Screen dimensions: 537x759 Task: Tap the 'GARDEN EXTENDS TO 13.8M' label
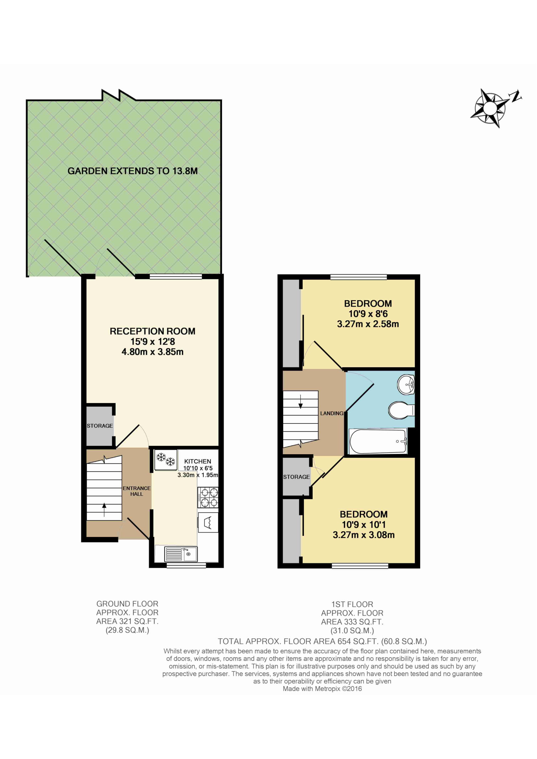tap(132, 171)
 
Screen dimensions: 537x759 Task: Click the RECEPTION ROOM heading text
tap(153, 331)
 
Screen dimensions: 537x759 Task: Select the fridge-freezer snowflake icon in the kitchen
tap(166, 459)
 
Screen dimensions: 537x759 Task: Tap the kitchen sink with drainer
tap(181, 554)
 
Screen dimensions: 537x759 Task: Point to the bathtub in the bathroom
tap(378, 441)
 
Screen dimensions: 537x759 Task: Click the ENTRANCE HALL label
tap(137, 491)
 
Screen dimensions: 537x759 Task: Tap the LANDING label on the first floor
tap(332, 413)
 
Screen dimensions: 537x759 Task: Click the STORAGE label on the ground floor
tap(100, 426)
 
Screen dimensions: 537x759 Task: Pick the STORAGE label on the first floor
tap(297, 477)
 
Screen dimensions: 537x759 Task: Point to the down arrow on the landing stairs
tap(301, 401)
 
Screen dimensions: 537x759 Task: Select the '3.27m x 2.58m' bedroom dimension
tap(368, 324)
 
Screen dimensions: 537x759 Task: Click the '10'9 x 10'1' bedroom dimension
tap(364, 525)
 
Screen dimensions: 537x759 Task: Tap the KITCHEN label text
tap(198, 461)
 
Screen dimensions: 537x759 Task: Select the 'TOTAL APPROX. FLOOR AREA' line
tap(322, 642)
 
